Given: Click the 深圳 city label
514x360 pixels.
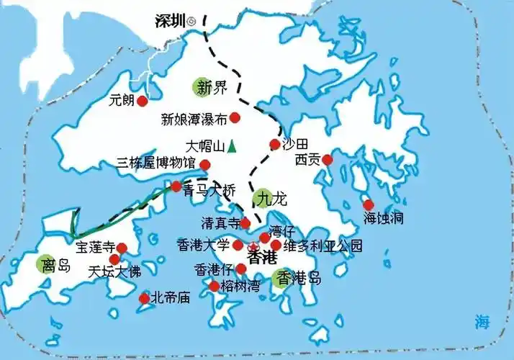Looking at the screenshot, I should pyautogui.click(x=170, y=21).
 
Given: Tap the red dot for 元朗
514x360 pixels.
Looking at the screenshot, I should pyautogui.click(x=142, y=101).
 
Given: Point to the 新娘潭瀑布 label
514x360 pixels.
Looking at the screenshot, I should pyautogui.click(x=194, y=119).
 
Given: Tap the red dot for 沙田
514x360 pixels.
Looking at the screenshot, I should pyautogui.click(x=274, y=144).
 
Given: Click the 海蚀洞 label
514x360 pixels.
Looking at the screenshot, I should pyautogui.click(x=382, y=216).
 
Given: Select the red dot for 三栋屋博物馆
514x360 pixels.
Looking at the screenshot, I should pyautogui.click(x=205, y=165).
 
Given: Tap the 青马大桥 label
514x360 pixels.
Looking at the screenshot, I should pyautogui.click(x=209, y=191).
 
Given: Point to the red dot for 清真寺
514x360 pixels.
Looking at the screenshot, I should pyautogui.click(x=245, y=223).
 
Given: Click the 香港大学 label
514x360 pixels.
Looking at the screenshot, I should pyautogui.click(x=203, y=245).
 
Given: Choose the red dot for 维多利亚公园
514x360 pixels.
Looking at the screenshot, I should pyautogui.click(x=276, y=245).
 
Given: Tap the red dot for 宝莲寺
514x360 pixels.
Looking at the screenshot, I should pyautogui.click(x=122, y=248).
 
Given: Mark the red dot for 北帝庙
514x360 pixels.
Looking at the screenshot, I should pyautogui.click(x=143, y=297).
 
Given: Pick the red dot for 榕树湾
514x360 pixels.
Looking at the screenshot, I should pyautogui.click(x=214, y=286).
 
